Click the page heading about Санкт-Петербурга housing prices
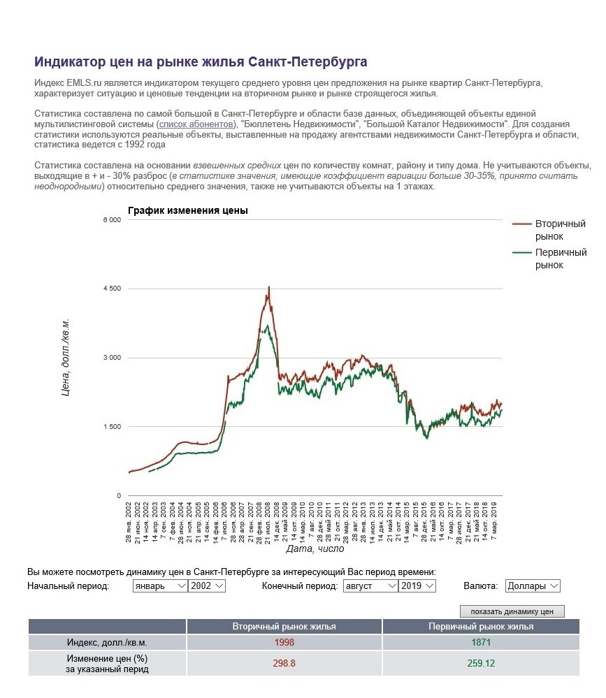201,62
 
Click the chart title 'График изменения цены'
187,210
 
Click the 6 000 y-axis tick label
111,219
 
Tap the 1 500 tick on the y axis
111,426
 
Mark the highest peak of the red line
269,287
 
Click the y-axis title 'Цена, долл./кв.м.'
66,358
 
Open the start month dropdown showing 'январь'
160,586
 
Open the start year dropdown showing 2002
207,586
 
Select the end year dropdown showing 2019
417,586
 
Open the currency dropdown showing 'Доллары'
532,586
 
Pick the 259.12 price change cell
481,663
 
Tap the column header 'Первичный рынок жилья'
481,627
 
